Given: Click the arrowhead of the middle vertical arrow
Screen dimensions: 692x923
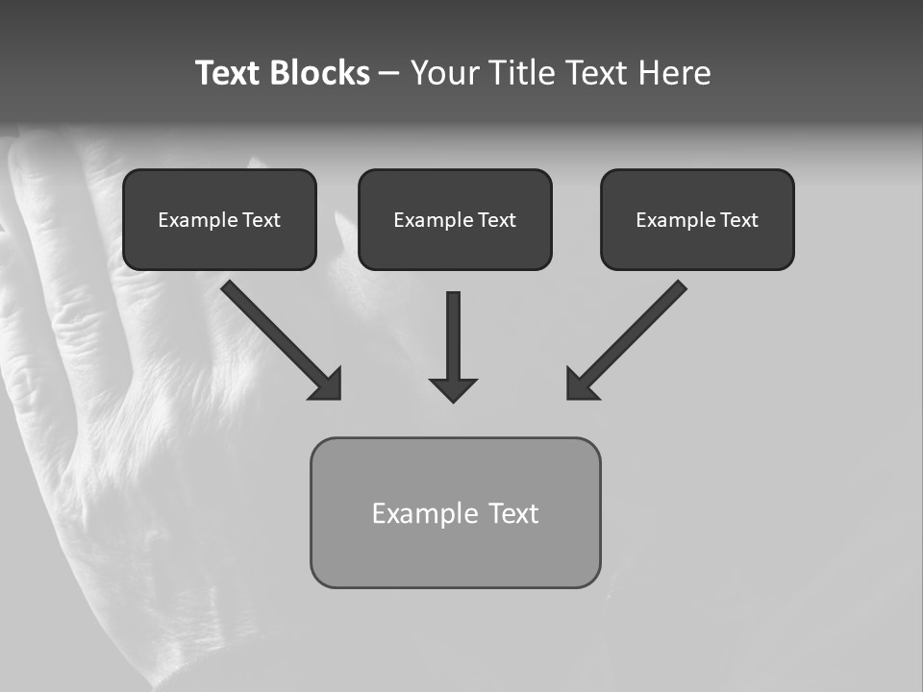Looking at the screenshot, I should (x=454, y=389).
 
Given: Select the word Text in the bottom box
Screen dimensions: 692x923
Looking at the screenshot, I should (x=513, y=513).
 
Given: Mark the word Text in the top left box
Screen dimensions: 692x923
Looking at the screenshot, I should (x=261, y=220).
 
